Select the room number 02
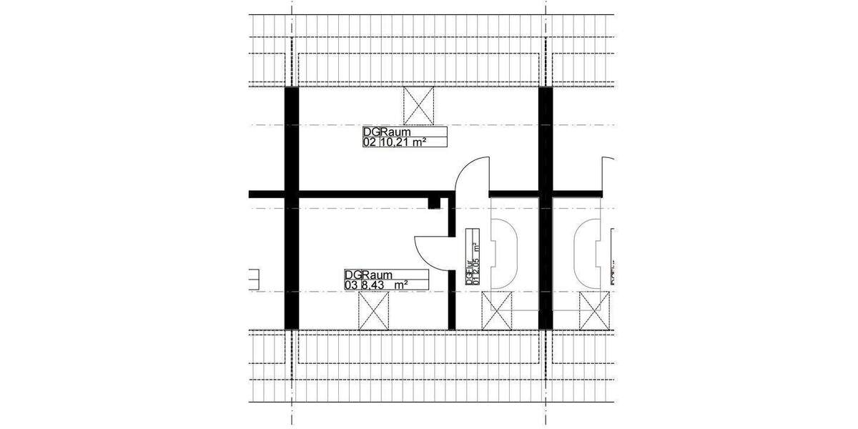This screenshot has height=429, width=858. [x=370, y=142]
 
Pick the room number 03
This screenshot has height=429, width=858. [x=350, y=285]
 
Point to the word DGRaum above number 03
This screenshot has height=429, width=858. [x=366, y=275]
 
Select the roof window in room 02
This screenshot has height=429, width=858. [x=418, y=106]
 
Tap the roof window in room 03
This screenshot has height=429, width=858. [x=373, y=312]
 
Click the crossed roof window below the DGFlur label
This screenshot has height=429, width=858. [x=497, y=312]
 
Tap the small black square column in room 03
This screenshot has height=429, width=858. [x=433, y=204]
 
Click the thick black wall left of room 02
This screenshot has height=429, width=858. [x=291, y=143]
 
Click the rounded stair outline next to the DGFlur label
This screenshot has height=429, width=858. [x=505, y=251]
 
